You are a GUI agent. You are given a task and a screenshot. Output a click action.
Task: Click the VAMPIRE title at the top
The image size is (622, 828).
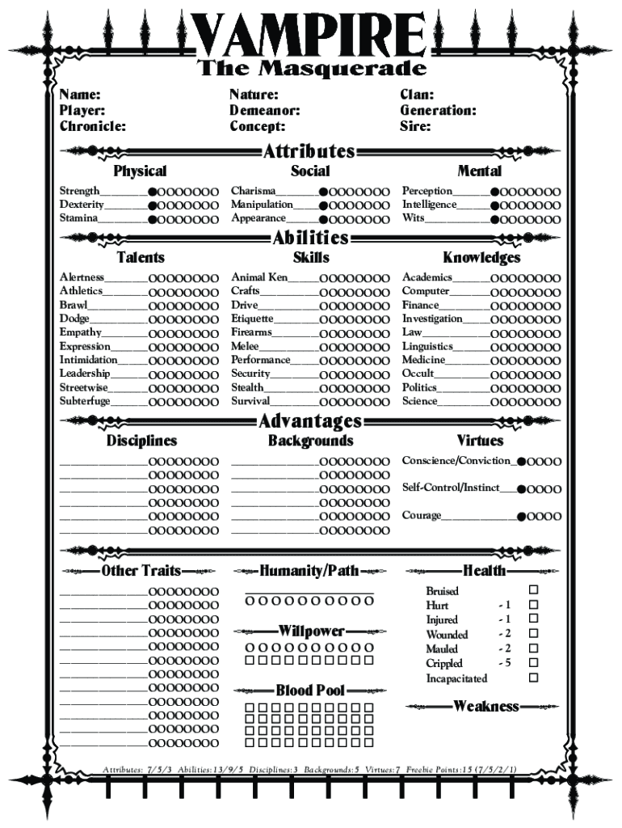310,34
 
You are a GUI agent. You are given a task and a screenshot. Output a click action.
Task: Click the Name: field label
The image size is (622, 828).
80,95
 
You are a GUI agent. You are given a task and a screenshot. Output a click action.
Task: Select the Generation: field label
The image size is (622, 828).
438,111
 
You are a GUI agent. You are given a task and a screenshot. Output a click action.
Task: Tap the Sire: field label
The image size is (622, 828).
415,126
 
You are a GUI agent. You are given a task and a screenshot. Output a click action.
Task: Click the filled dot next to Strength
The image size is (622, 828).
153,192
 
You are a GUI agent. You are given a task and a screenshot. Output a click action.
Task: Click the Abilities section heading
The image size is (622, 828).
310,238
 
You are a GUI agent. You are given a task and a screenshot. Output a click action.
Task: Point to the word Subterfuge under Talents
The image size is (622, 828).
85,401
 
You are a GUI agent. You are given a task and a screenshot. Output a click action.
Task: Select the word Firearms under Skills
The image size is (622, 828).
251,332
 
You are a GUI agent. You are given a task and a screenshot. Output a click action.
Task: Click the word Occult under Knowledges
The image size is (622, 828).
418,374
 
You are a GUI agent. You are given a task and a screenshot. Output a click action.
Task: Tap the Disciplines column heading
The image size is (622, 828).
141,441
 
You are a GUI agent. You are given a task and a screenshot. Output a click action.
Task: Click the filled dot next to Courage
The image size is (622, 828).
522,517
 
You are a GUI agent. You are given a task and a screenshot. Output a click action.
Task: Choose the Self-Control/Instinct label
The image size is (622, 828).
451,488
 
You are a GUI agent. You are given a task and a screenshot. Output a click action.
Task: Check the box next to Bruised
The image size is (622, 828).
533,590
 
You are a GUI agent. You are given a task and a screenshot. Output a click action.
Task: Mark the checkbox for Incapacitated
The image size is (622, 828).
533,678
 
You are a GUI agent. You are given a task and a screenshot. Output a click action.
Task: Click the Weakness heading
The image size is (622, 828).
485,707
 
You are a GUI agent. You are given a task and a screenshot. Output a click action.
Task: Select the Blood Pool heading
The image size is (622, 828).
310,691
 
